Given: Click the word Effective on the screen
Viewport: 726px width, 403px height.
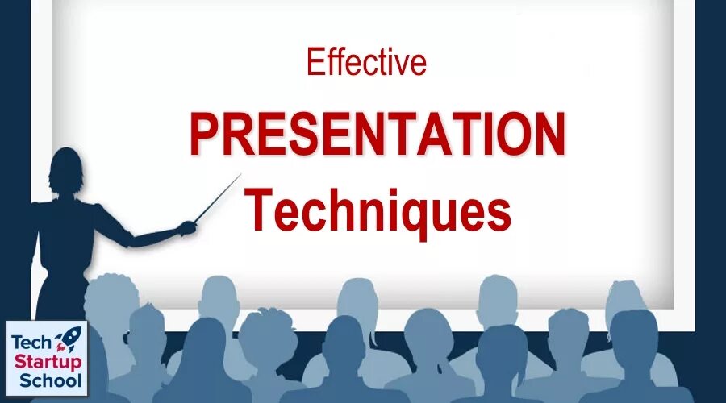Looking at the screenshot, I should [366, 63].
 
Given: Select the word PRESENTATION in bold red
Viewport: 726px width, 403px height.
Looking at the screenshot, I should [378, 135].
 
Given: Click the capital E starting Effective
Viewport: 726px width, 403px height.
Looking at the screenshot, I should [314, 63].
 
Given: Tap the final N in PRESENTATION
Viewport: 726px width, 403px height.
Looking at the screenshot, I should [549, 135].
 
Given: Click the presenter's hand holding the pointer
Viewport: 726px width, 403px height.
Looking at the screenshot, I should [186, 228].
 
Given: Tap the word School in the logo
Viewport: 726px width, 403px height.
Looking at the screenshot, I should [46, 380].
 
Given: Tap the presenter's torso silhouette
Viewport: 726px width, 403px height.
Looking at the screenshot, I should [69, 250].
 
